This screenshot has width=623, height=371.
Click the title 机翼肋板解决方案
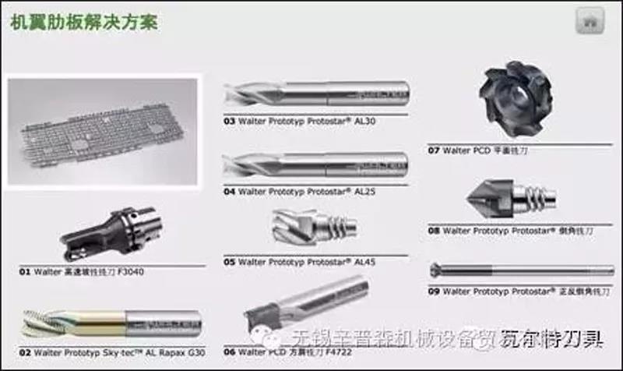pyautogui.click(x=84, y=22)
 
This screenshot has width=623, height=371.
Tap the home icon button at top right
pyautogui.click(x=590, y=22)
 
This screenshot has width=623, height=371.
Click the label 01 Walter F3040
pyautogui.click(x=82, y=272)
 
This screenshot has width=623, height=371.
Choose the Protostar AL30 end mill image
pyautogui.click(x=315, y=95)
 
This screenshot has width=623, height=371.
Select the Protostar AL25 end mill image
pyautogui.click(x=315, y=164)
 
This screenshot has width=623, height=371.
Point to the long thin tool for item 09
pyautogui.click(x=522, y=270)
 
